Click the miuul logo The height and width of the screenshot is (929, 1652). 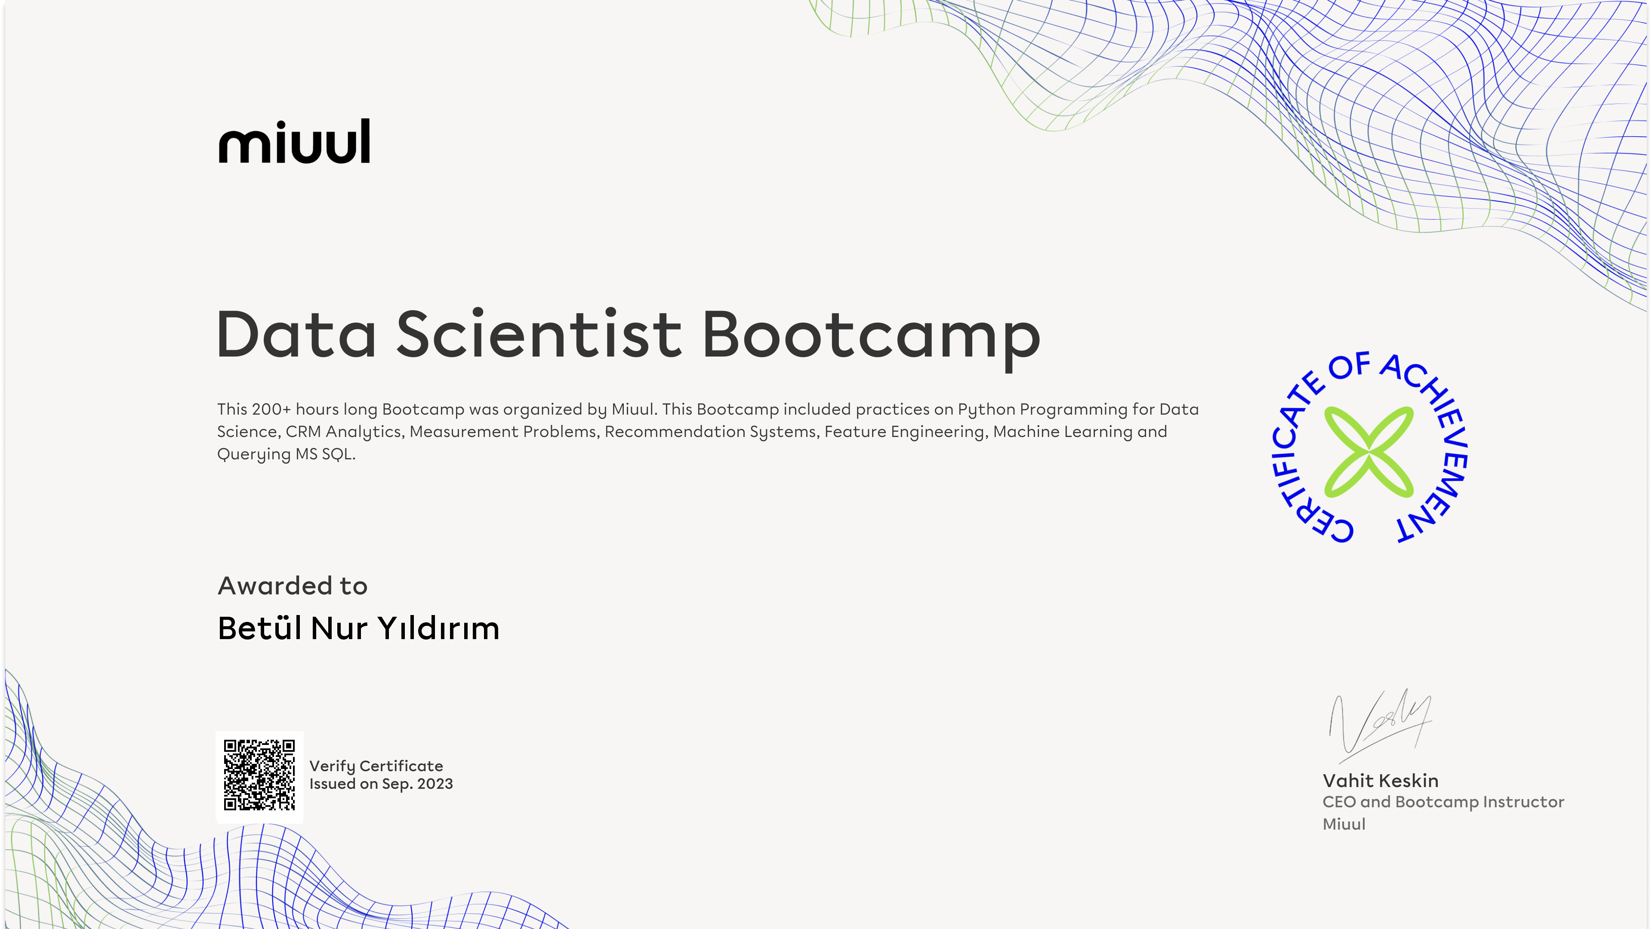point(294,141)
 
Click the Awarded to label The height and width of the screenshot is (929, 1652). point(293,586)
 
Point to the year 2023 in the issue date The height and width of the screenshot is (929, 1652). point(435,784)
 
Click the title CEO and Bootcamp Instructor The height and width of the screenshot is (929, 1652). point(1443,802)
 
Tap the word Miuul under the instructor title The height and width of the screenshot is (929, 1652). point(1344,824)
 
